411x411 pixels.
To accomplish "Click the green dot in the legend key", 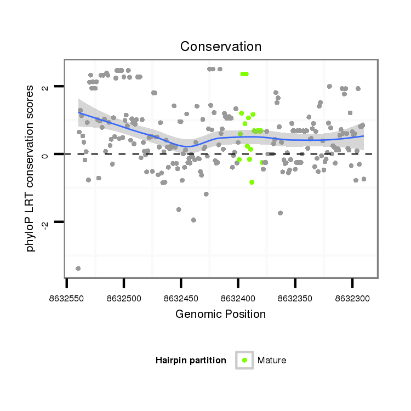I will point(244,360).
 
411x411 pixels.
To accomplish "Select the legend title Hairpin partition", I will point(191,361).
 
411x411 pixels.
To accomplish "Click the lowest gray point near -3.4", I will point(78,268).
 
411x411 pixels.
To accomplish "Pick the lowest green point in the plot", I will point(252,182).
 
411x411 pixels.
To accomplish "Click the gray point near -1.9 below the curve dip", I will point(193,220).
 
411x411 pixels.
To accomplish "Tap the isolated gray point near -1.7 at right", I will point(280,213).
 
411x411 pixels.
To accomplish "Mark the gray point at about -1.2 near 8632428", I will point(206,194).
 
